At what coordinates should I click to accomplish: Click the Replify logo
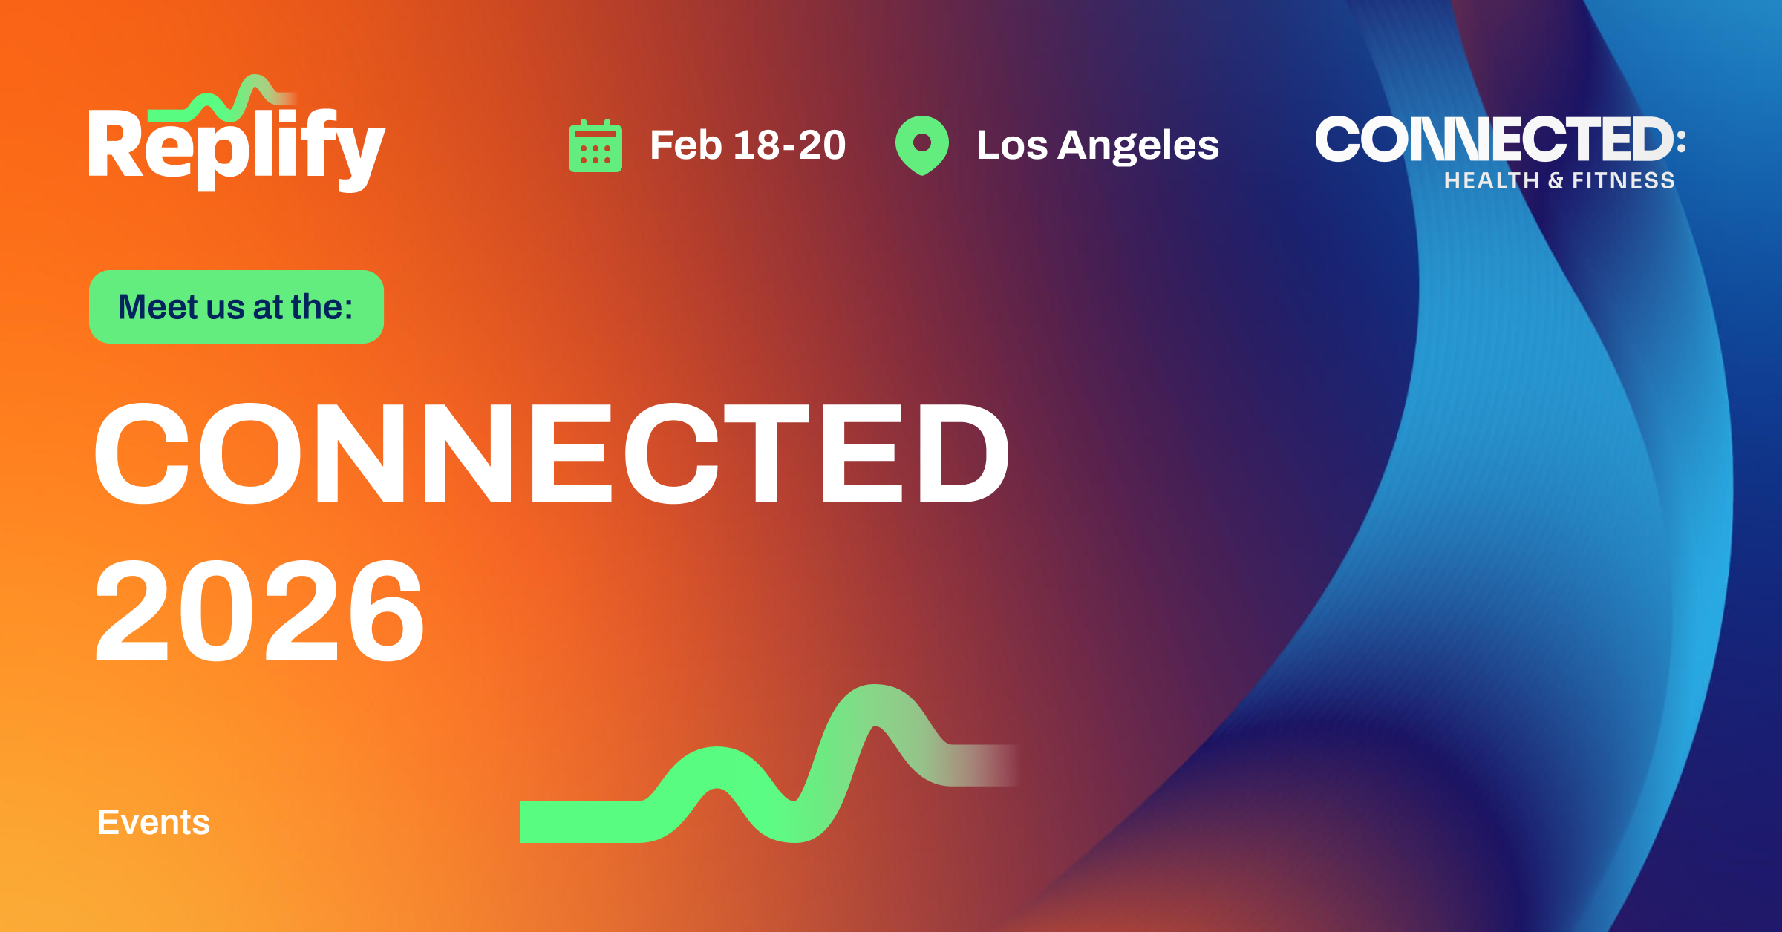tap(236, 141)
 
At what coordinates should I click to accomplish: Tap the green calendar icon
tap(595, 146)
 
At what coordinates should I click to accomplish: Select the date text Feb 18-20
tap(748, 145)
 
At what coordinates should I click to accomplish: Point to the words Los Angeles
tap(1097, 145)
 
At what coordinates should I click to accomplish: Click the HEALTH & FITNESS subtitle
tap(1559, 180)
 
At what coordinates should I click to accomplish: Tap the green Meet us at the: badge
tap(236, 306)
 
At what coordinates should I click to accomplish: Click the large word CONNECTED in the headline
tap(551, 453)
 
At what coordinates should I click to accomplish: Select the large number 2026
tap(259, 610)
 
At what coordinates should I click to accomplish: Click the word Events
tap(154, 822)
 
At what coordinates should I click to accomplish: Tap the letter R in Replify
tap(114, 145)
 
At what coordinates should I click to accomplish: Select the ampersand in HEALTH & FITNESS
tap(1556, 181)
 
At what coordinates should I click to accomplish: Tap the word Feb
tap(685, 145)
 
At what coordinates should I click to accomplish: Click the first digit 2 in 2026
tap(132, 610)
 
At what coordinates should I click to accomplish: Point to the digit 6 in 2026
tap(386, 610)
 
